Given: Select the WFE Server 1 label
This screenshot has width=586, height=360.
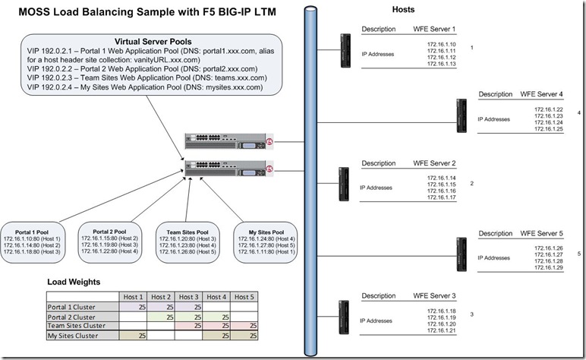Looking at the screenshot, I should click(434, 29).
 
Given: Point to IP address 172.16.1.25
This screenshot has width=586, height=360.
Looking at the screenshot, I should click(548, 130).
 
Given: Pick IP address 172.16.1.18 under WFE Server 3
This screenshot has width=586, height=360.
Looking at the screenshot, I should click(441, 311).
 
